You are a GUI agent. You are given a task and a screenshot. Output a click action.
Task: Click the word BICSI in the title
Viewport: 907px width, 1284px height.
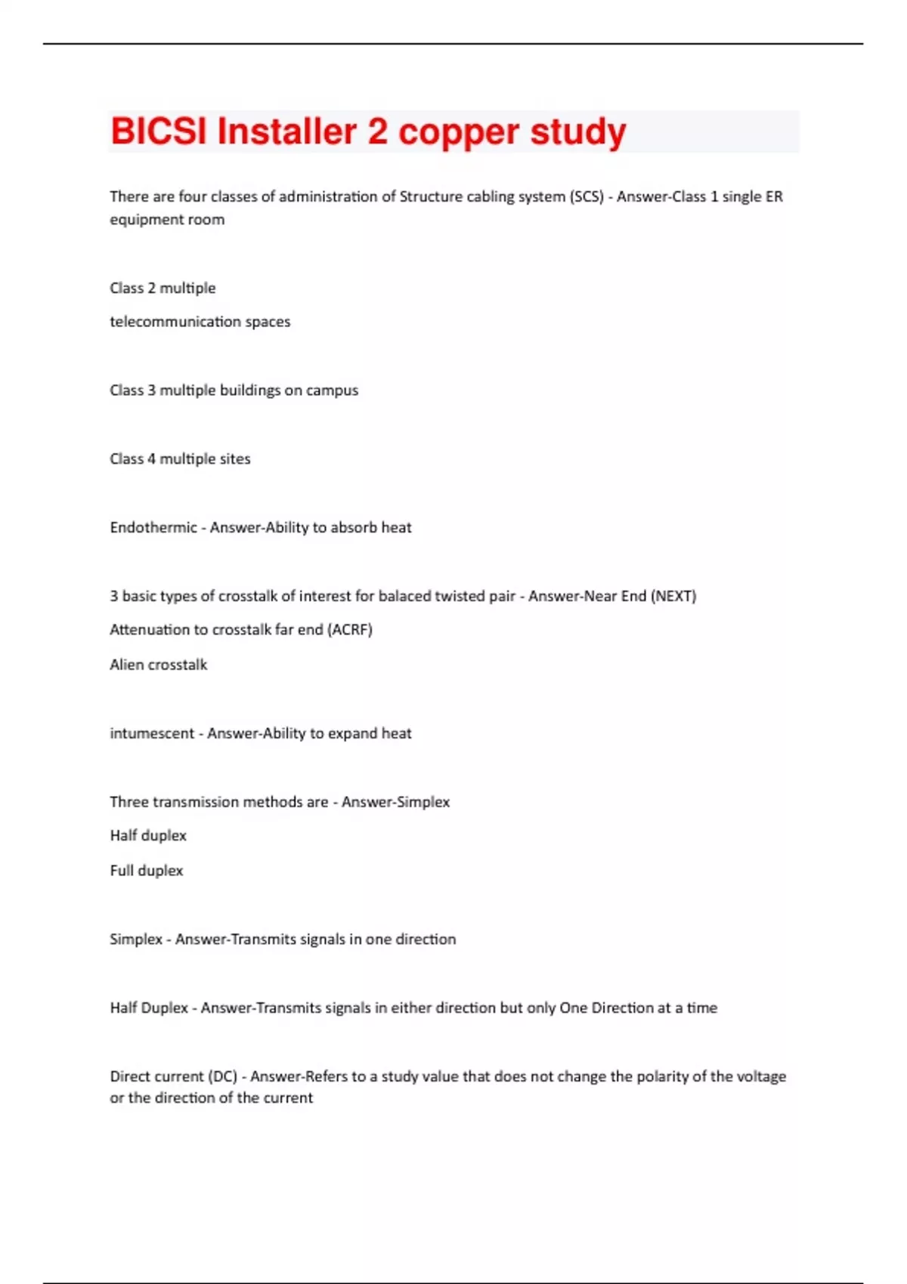158,131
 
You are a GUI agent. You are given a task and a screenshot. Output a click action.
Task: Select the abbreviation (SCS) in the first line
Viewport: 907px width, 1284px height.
587,197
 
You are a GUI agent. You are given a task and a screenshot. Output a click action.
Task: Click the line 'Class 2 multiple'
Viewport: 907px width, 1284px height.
163,289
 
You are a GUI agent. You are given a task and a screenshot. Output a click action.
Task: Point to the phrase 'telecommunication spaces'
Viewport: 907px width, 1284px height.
200,322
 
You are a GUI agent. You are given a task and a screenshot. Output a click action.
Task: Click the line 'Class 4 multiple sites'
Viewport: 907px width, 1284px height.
180,459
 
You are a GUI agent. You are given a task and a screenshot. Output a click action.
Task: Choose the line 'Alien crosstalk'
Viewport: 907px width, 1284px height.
158,665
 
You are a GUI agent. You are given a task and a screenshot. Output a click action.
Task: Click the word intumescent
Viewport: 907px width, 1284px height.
152,733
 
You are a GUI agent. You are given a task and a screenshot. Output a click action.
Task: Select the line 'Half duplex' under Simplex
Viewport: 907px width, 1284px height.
148,836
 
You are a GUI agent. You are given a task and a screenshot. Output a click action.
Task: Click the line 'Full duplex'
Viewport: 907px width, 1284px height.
147,871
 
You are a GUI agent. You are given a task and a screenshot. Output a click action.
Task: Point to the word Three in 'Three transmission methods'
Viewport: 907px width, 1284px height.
129,802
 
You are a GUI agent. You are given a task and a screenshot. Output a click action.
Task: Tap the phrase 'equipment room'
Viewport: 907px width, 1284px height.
167,220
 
